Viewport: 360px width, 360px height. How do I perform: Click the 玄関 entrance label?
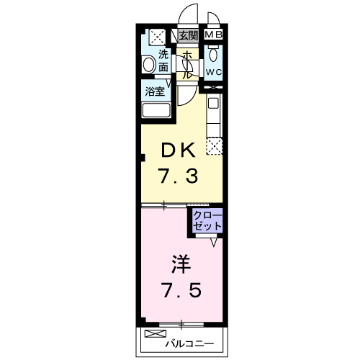click(x=189, y=35)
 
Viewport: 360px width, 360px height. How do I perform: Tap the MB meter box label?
click(x=213, y=35)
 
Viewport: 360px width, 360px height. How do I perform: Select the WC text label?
click(x=213, y=72)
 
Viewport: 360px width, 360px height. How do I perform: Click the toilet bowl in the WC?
click(x=213, y=55)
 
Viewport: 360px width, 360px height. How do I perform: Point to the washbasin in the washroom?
click(x=149, y=64)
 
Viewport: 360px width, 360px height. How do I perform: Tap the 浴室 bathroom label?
click(x=155, y=91)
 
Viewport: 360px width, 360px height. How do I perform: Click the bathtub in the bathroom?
click(x=156, y=110)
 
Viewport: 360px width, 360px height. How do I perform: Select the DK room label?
click(x=178, y=150)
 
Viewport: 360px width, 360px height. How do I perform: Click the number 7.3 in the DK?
click(x=178, y=176)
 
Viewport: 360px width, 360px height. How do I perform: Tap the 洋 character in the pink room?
click(x=181, y=264)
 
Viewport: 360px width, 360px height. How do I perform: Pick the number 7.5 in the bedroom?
click(x=181, y=290)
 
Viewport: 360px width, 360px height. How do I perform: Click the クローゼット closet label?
click(x=207, y=221)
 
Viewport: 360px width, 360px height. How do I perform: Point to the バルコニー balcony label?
click(x=189, y=344)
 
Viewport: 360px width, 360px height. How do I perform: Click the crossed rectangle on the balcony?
click(x=156, y=333)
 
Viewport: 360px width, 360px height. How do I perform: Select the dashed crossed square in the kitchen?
click(x=215, y=146)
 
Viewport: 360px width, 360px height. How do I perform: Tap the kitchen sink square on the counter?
click(x=213, y=103)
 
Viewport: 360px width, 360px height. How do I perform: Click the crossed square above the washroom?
click(x=157, y=37)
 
